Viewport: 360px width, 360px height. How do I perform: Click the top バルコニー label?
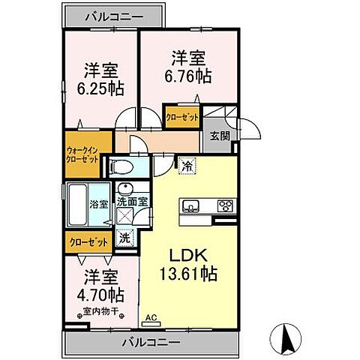tap(115, 17)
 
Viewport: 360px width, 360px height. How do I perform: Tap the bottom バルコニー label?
tap(151, 342)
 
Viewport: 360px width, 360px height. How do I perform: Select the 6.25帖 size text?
tap(100, 88)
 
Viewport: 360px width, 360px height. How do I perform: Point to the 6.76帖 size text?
tap(188, 76)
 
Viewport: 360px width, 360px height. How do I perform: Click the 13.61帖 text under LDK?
tap(188, 274)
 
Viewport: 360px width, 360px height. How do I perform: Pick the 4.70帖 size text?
tap(100, 295)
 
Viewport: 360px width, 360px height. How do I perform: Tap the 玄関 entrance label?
tap(220, 136)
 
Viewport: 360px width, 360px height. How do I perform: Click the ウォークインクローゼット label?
tap(82, 155)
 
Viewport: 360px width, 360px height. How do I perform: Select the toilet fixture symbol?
tap(121, 166)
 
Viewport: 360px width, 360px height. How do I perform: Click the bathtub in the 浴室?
tap(77, 205)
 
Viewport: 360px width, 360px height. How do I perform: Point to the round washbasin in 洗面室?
tap(126, 190)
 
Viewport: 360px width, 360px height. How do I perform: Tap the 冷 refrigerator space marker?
tap(187, 166)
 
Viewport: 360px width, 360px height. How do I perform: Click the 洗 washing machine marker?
tap(124, 238)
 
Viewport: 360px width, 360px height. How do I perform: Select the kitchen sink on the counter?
tap(190, 205)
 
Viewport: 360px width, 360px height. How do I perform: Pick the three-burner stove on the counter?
tap(226, 205)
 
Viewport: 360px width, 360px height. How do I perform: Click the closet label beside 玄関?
tap(182, 117)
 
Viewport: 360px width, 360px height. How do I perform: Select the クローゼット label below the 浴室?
tap(88, 242)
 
